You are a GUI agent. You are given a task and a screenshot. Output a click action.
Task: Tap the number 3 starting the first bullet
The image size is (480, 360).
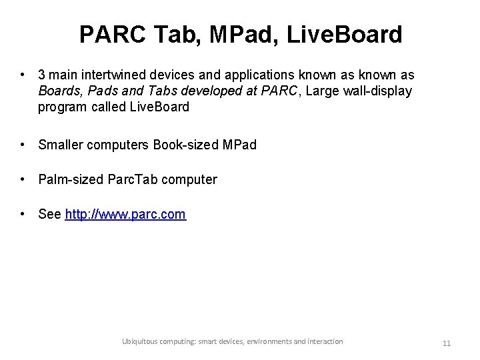point(42,75)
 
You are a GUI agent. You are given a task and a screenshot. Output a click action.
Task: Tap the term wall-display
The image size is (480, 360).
point(379,91)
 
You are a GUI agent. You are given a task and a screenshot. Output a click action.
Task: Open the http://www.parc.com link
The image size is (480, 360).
point(125,215)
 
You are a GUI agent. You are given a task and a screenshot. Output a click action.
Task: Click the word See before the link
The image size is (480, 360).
point(50,215)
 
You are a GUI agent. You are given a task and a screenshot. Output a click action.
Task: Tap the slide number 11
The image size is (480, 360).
point(447,343)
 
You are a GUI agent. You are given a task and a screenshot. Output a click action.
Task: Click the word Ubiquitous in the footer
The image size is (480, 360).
point(141,341)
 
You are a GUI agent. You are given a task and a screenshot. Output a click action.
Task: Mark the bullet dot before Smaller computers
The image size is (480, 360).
point(23,144)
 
